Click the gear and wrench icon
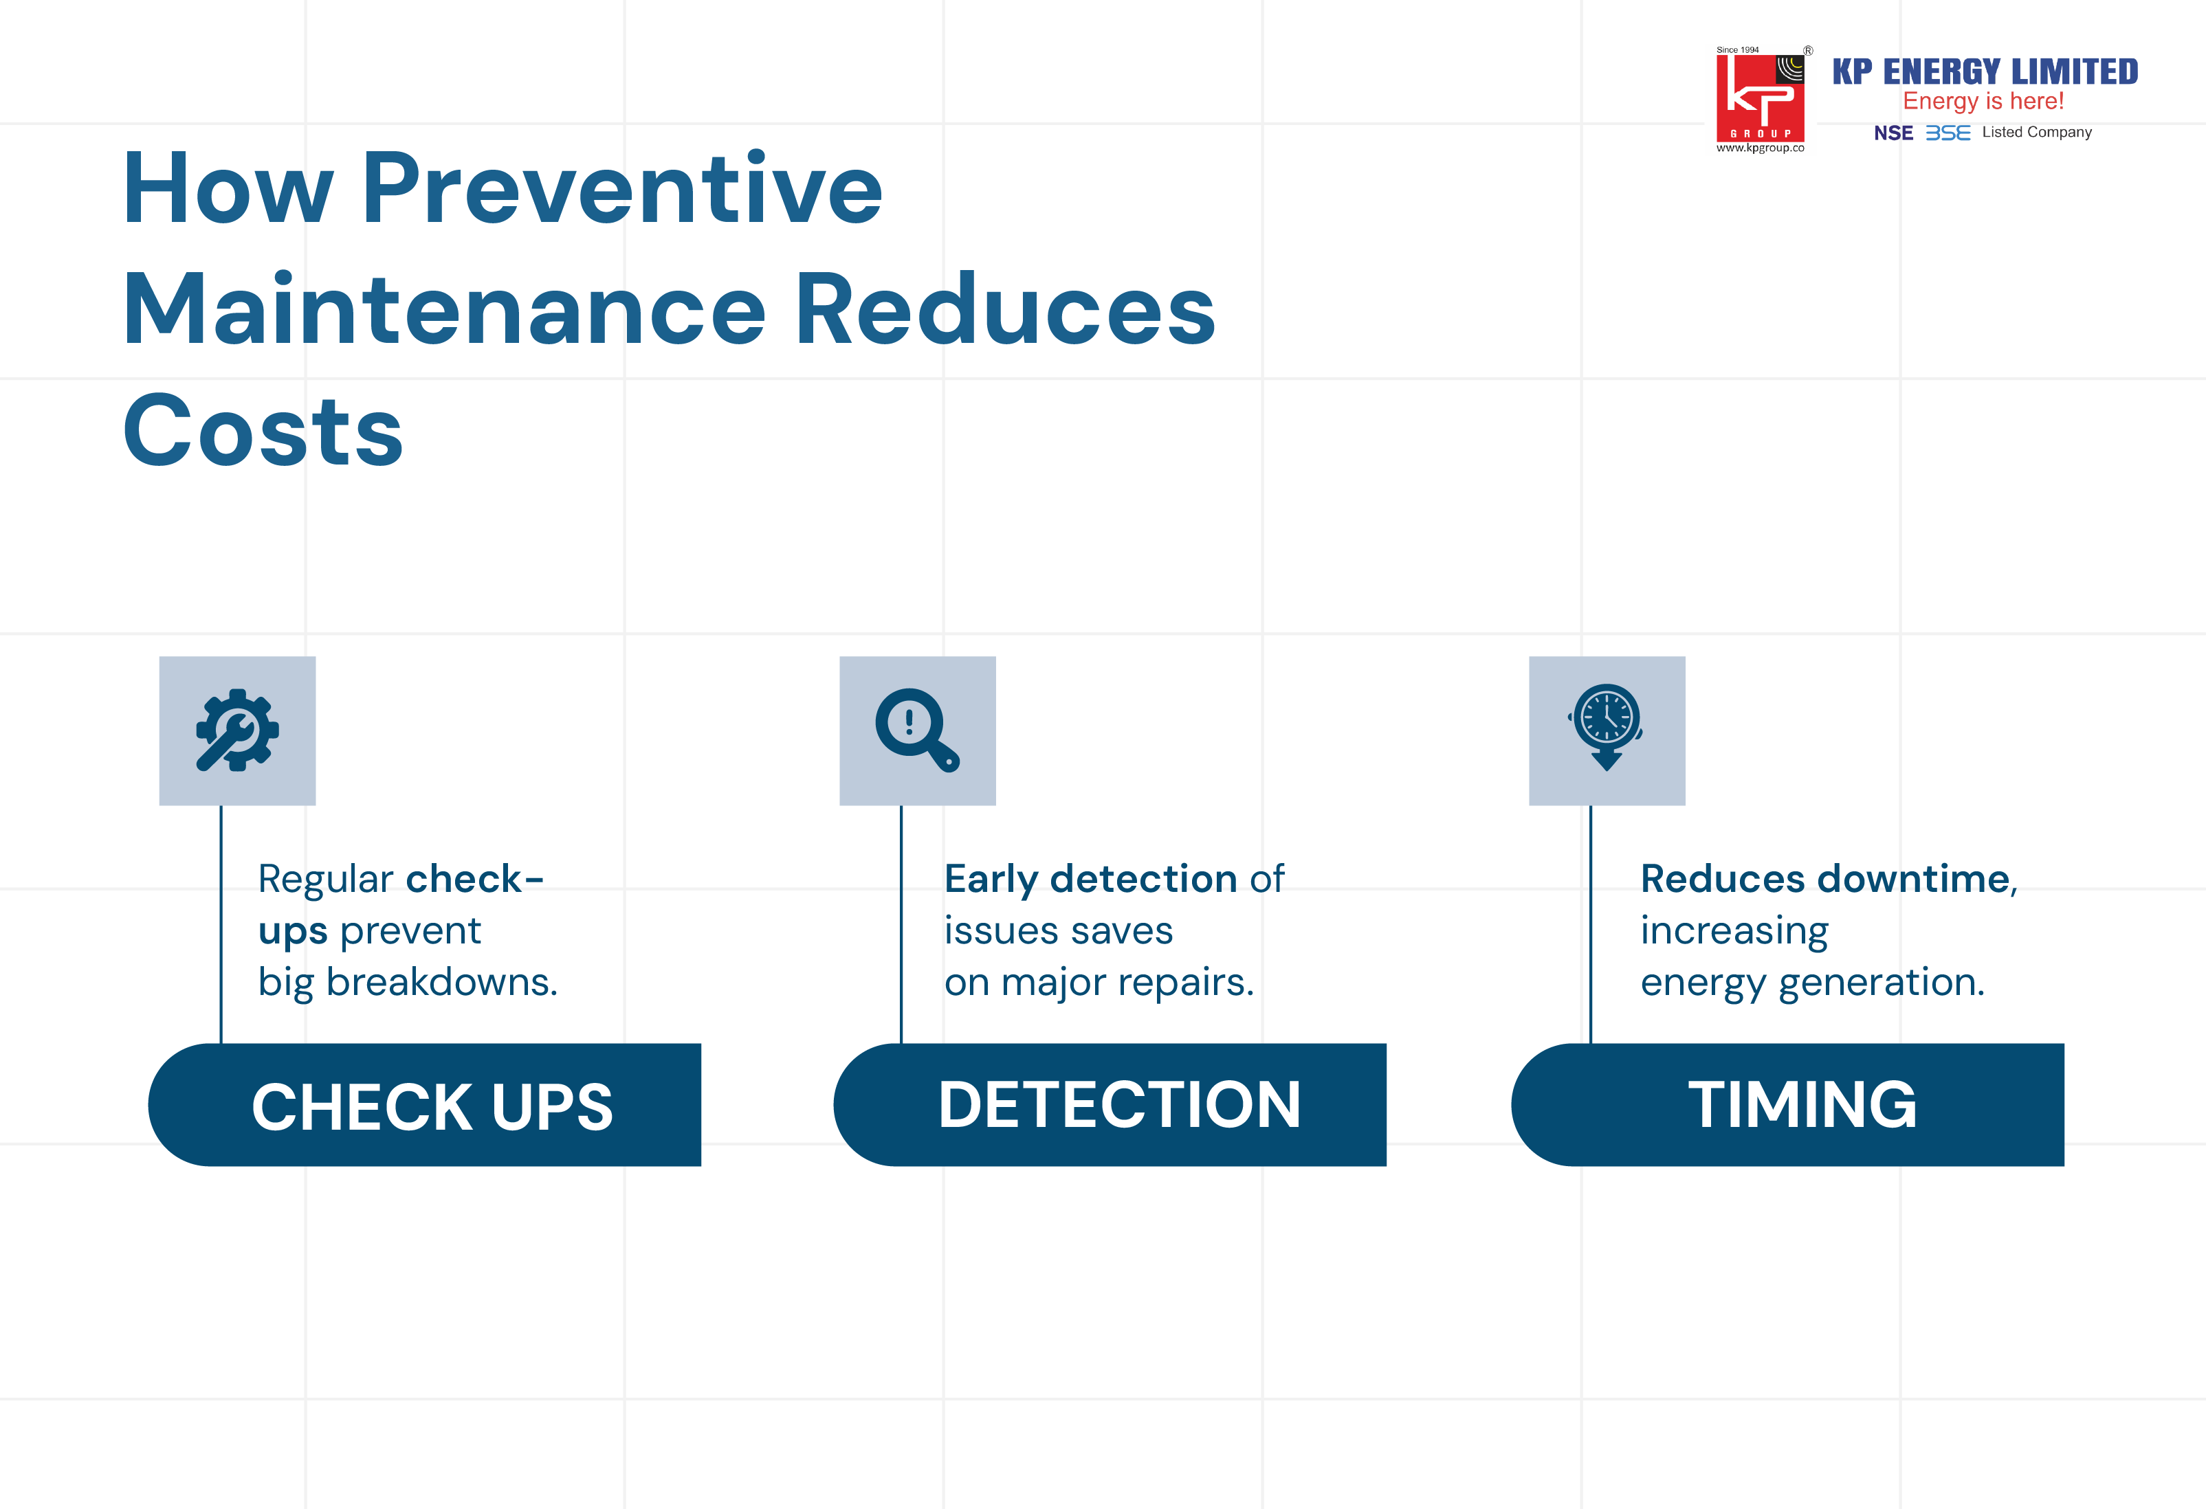[x=237, y=730]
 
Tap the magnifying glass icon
[x=917, y=730]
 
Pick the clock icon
[x=1606, y=727]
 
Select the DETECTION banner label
[x=1119, y=1105]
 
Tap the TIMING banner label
[x=1802, y=1105]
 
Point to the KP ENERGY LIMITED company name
[x=1985, y=72]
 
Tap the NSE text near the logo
[x=1893, y=133]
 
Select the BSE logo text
[x=1948, y=133]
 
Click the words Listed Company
[x=2036, y=133]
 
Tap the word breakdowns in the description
[x=441, y=982]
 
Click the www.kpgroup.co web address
[x=1760, y=148]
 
